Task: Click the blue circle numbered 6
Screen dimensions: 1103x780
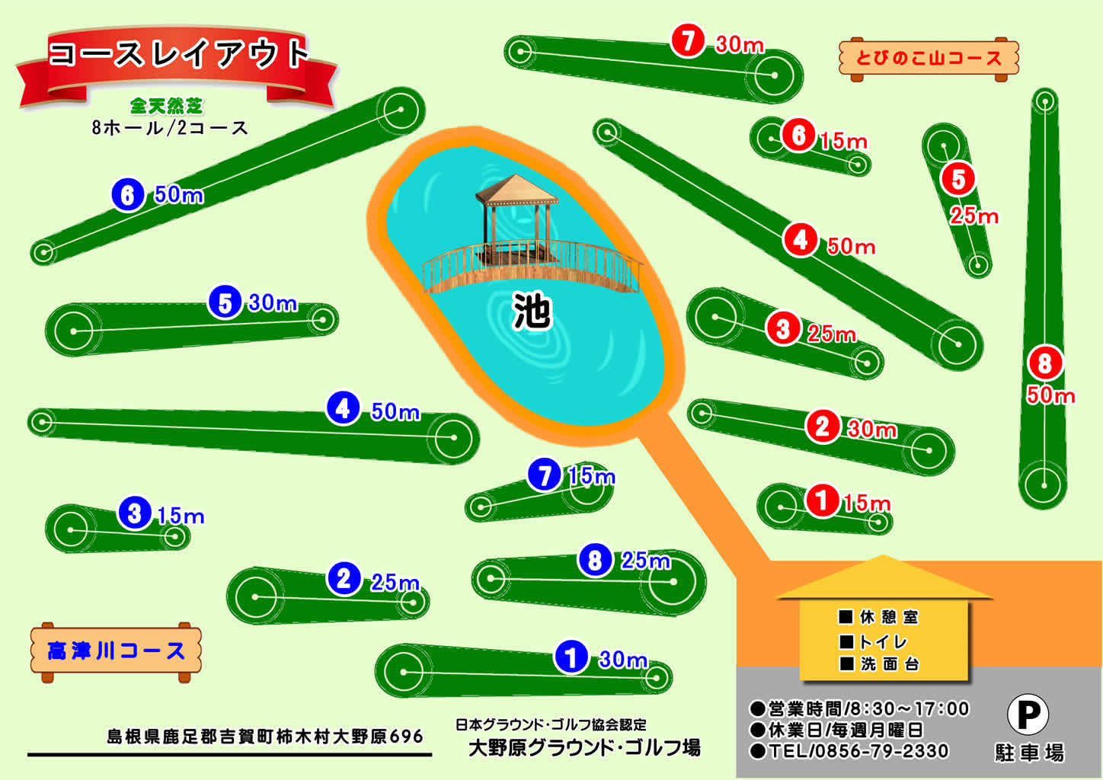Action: [128, 195]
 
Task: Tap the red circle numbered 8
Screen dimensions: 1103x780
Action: [1044, 363]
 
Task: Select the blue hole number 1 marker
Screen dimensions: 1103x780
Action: [571, 657]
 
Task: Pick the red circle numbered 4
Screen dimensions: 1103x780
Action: [800, 239]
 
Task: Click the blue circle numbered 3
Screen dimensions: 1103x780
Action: [135, 513]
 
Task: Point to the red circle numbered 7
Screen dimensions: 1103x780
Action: [688, 40]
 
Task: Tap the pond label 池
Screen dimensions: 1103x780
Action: [532, 311]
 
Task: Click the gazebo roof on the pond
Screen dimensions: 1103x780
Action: [516, 190]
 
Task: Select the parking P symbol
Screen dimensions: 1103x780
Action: [1028, 714]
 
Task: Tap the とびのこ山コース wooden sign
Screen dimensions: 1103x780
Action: [928, 58]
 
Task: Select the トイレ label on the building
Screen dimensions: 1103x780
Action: [883, 641]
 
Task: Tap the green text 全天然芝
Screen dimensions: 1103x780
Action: [166, 105]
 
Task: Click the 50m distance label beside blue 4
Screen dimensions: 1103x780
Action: [395, 412]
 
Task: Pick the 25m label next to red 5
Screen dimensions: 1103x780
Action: [974, 216]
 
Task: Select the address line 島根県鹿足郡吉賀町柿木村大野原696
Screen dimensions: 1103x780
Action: [265, 737]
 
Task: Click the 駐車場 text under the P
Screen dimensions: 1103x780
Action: [1029, 753]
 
